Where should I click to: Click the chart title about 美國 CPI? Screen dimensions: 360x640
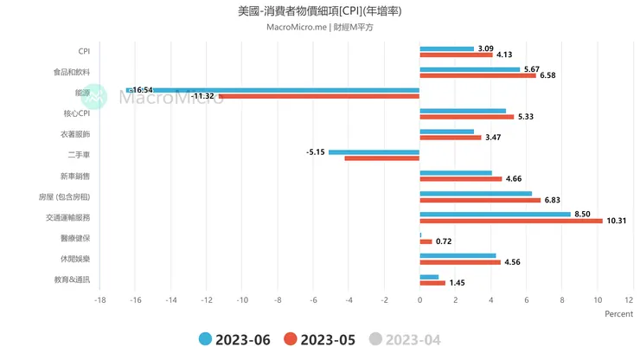(x=319, y=12)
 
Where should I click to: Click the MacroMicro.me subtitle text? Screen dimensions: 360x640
(x=320, y=28)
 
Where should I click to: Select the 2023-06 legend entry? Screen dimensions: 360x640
(x=234, y=340)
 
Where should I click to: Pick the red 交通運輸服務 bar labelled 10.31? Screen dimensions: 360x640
(x=511, y=221)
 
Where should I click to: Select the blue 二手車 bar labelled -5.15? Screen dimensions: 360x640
(x=374, y=152)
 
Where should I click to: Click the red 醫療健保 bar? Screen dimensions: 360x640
(x=426, y=241)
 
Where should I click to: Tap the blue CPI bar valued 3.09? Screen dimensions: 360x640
(x=447, y=48)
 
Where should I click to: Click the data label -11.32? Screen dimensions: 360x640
(x=203, y=96)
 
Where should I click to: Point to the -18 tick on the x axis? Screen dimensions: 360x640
(x=100, y=300)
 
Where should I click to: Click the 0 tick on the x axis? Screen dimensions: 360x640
(x=419, y=300)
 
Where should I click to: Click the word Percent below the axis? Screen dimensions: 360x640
(x=618, y=314)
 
